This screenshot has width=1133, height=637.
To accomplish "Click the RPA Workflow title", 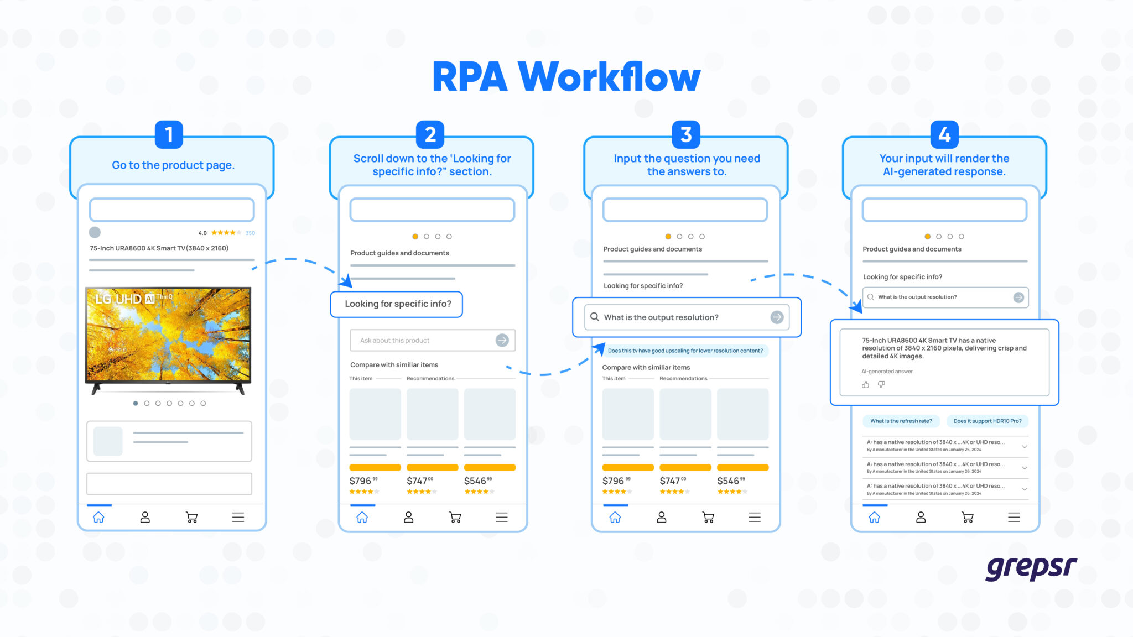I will pyautogui.click(x=566, y=77).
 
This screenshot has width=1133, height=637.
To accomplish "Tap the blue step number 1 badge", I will pyautogui.click(x=169, y=134).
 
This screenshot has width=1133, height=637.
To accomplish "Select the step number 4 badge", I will pyautogui.click(x=944, y=134).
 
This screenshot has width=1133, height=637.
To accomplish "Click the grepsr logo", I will pyautogui.click(x=1031, y=568).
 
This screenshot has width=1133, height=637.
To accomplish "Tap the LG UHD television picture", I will pyautogui.click(x=168, y=335).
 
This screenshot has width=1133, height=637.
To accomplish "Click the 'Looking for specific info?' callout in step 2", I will pyautogui.click(x=397, y=304).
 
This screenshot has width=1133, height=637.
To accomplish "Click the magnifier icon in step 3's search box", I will pyautogui.click(x=595, y=317).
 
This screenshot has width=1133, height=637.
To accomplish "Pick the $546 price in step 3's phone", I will pyautogui.click(x=730, y=481).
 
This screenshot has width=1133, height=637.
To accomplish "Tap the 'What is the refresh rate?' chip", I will pyautogui.click(x=901, y=421).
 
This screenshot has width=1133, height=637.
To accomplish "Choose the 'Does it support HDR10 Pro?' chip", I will pyautogui.click(x=987, y=421).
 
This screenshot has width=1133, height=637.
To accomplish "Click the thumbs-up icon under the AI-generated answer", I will pyautogui.click(x=865, y=384).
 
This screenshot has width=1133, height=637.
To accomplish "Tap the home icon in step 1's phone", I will pyautogui.click(x=98, y=518).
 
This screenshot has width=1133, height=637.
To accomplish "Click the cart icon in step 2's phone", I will pyautogui.click(x=455, y=518).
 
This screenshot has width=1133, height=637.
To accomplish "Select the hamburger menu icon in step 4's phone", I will pyautogui.click(x=1014, y=518).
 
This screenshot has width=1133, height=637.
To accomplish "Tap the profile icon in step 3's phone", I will pyautogui.click(x=661, y=518).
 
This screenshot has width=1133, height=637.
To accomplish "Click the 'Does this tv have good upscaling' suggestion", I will pyautogui.click(x=685, y=351).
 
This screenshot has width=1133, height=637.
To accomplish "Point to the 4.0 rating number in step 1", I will pyautogui.click(x=202, y=233).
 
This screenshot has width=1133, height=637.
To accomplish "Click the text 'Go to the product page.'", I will pyautogui.click(x=173, y=165).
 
